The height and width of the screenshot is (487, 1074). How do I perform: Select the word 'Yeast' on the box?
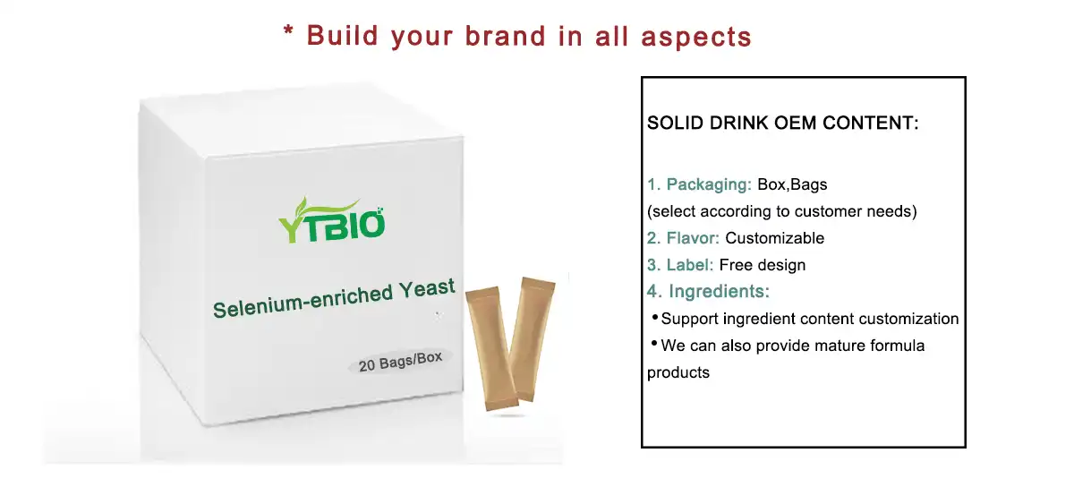tap(429, 289)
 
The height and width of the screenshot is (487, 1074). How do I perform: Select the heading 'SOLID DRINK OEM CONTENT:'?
tap(783, 123)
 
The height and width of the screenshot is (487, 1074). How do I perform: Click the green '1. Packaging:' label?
tap(699, 184)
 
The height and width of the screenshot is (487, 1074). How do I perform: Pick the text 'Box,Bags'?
tap(792, 184)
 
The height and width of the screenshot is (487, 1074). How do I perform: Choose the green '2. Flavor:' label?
tap(684, 238)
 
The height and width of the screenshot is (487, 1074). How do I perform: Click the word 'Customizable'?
tap(774, 238)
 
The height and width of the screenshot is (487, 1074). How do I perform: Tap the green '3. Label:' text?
tap(680, 265)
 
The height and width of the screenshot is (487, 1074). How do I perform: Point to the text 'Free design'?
tap(762, 265)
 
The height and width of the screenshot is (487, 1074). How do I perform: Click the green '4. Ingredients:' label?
tap(708, 292)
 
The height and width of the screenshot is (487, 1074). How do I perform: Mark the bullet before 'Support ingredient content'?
tap(654, 318)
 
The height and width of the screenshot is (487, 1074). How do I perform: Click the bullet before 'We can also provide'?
tap(654, 344)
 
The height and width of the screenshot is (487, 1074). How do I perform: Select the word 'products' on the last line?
tap(678, 372)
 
